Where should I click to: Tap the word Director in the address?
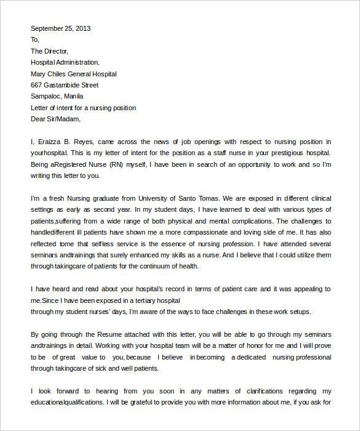(x=57, y=51)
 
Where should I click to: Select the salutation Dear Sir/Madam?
(x=55, y=119)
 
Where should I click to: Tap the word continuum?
(x=173, y=266)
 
